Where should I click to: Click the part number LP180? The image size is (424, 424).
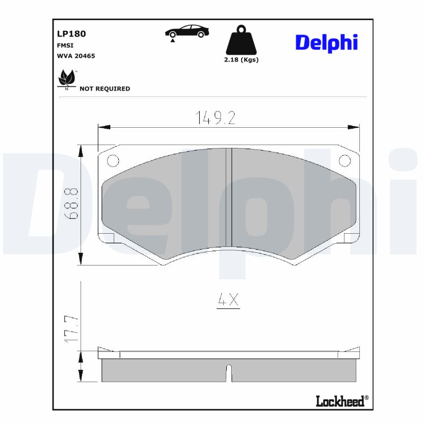(71, 34)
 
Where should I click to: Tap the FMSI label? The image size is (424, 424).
(65, 46)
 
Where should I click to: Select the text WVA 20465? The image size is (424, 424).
(76, 56)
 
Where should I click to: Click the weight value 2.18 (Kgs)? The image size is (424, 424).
(241, 60)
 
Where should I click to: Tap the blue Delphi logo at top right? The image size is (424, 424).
(326, 43)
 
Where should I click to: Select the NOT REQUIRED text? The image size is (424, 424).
(104, 89)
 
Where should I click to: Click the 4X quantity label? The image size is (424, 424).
(228, 301)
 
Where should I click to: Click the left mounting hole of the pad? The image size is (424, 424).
(112, 161)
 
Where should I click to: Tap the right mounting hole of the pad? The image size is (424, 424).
(344, 161)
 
